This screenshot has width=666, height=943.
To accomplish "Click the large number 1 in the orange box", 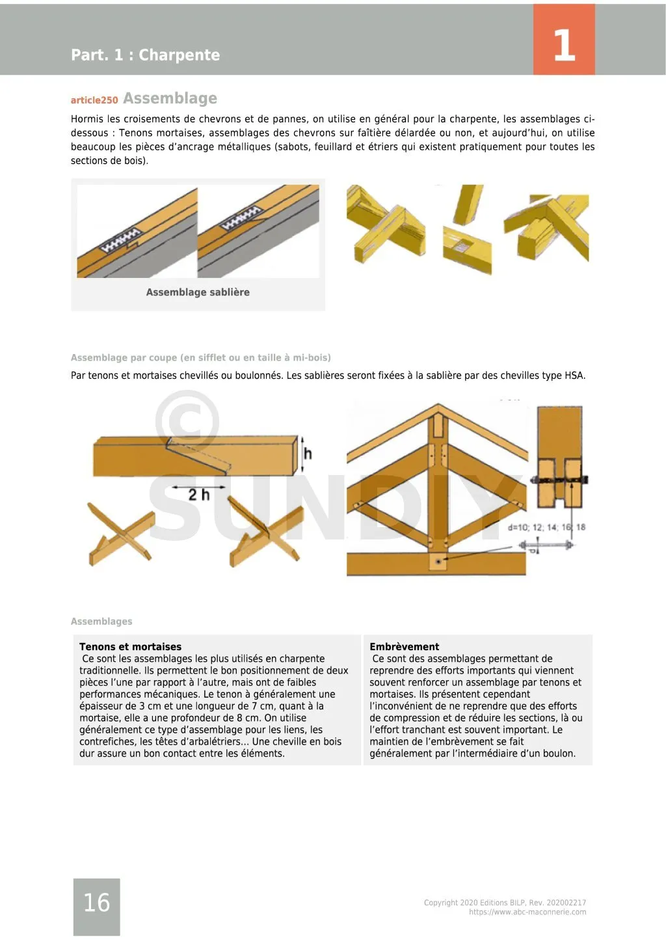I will point(564,46).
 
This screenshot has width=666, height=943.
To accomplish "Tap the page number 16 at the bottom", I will point(96,903).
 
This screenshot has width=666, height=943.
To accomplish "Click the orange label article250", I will point(94,100).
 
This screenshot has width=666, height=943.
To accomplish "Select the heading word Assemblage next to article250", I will point(170,98).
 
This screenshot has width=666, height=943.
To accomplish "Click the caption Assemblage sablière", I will point(198,292).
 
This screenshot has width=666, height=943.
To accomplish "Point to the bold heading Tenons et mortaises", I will point(130,647).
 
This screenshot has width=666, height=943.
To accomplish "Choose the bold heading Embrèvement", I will point(404,647).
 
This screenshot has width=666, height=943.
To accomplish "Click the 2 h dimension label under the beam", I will point(199,495).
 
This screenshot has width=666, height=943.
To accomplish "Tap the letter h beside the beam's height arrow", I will point(308,454).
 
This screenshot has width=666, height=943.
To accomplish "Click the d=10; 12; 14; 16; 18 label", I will point(546,527).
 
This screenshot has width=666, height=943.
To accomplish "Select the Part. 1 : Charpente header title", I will point(145,55).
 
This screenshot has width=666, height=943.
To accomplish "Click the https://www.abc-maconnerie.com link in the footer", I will point(527,912).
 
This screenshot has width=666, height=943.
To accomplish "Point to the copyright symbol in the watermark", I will point(187,422).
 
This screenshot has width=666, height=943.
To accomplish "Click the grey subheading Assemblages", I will point(101,622).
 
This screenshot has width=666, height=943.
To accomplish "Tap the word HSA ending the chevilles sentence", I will point(574,376).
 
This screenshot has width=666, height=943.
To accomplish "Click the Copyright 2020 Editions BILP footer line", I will point(505,903).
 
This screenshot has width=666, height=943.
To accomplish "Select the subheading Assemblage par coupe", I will point(200,357).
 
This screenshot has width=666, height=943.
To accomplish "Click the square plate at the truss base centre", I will point(438,560).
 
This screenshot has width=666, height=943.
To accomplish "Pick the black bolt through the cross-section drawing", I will point(559,480).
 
